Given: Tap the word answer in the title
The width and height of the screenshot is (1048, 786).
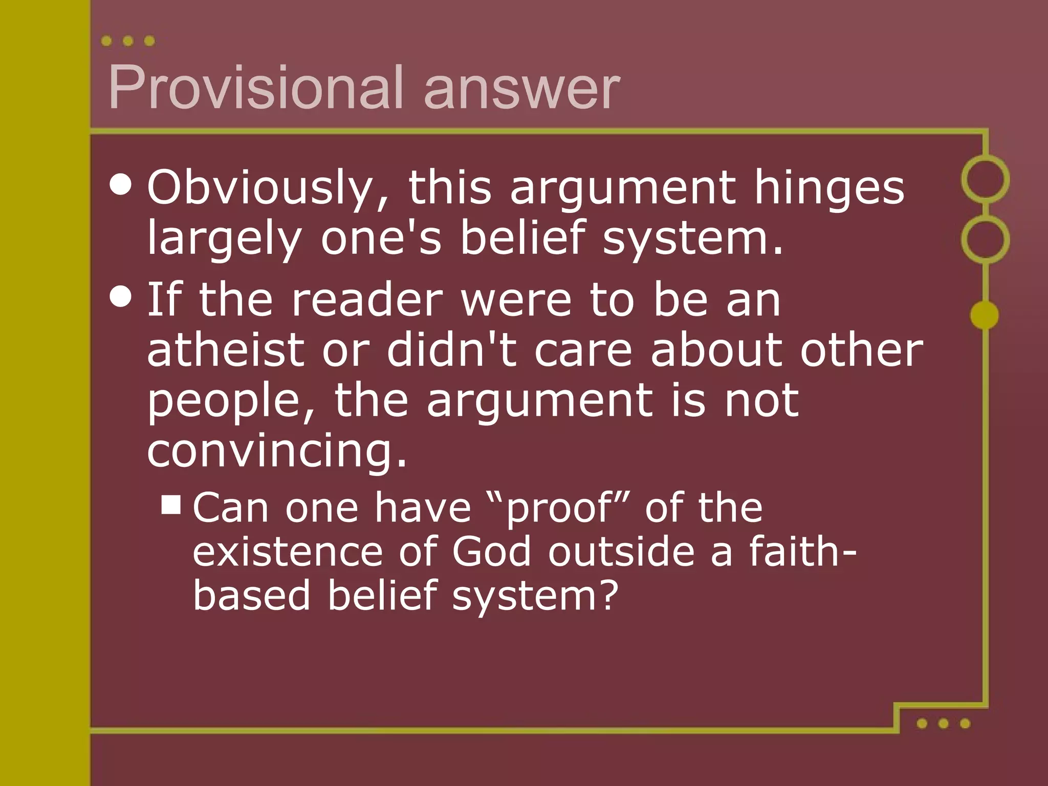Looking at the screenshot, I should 522,88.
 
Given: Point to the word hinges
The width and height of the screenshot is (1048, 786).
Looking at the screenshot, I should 829,188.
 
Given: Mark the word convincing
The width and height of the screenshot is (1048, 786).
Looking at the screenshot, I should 277,451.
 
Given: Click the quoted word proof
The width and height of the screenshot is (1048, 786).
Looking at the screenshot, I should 558,509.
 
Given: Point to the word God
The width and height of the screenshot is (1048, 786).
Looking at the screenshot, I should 492,552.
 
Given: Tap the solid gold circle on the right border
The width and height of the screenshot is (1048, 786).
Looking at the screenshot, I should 985,315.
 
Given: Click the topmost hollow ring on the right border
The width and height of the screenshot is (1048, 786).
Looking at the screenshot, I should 985,180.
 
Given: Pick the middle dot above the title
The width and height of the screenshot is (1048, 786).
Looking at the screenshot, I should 128,41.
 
